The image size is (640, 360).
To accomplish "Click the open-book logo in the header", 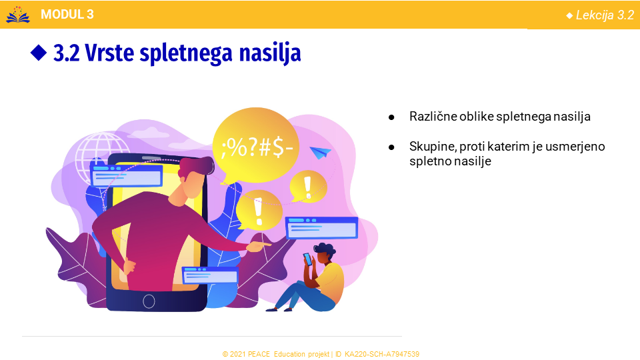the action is coord(17,15).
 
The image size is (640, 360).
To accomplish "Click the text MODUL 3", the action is coord(67,14).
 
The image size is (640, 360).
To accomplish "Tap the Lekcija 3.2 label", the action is coord(605,15).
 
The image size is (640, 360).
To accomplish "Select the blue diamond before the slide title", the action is coord(39,53).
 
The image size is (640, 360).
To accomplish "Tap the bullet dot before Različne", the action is coord(391,117).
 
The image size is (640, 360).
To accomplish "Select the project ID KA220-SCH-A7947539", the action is coord(381,354).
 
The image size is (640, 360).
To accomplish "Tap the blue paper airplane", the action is coord(320,153).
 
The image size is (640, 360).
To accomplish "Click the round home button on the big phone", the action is coord(149,301).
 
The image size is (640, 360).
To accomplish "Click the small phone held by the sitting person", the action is coord(307,259).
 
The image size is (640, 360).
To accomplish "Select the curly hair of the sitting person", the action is coord(324,248).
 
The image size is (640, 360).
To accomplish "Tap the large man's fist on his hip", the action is coord(129,266).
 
